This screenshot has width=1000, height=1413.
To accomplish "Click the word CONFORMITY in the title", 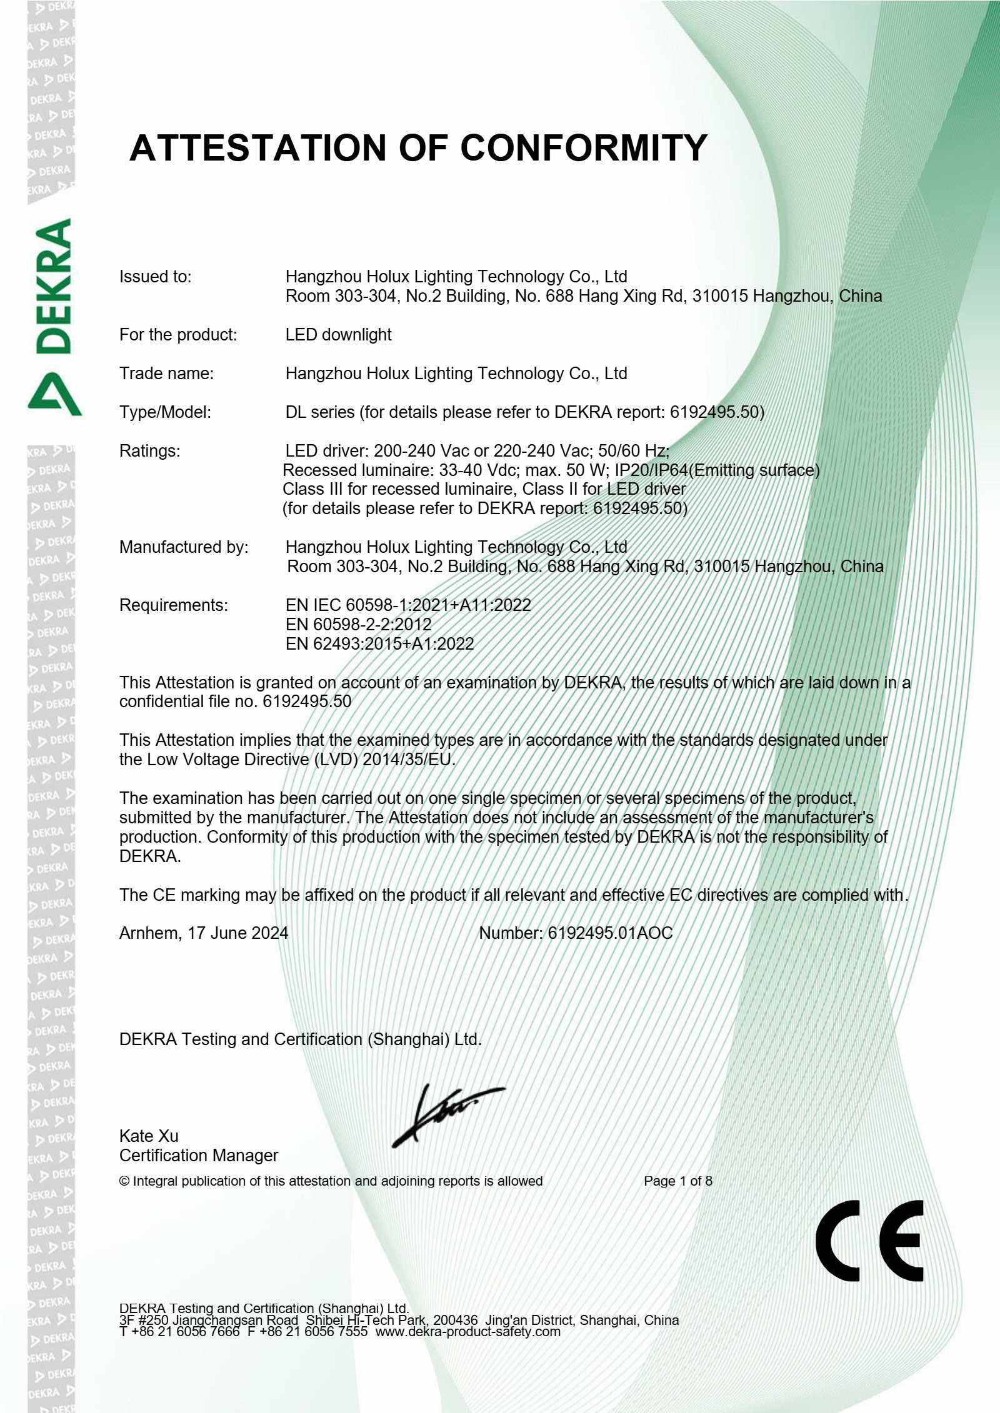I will (x=583, y=148).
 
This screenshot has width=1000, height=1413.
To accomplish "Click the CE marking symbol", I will (x=869, y=1241).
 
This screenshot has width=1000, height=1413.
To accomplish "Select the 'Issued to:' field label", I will (x=156, y=277).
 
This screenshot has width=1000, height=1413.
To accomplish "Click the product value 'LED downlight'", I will (x=338, y=335).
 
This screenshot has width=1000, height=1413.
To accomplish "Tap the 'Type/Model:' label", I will (x=165, y=412).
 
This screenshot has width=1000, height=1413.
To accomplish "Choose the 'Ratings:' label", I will (x=149, y=451).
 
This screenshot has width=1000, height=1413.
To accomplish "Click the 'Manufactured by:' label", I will (x=184, y=547).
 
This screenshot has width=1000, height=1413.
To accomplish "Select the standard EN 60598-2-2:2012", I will (x=358, y=624).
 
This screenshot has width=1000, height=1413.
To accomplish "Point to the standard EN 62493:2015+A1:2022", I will (x=379, y=643).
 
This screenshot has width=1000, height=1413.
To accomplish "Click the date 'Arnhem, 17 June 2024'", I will (x=204, y=933).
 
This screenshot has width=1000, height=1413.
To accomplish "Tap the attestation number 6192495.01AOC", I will (x=610, y=933).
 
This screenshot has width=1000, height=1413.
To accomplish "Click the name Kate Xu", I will (x=149, y=1136).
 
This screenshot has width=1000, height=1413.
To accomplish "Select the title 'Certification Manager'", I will (x=199, y=1156).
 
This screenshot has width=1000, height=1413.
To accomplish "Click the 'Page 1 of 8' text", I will (x=677, y=1181).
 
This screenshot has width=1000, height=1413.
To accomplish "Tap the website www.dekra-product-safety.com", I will (x=468, y=1331).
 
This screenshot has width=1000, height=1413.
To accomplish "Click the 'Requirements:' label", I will (x=174, y=605).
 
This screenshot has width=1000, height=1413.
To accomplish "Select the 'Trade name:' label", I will (x=166, y=374).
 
